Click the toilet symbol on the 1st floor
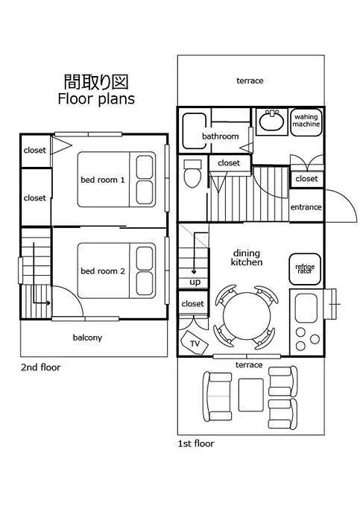point(192,173)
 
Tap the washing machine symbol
point(306,121)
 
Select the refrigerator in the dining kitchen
point(305,269)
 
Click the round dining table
point(247,316)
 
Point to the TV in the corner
point(194,343)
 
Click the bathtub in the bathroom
point(195,131)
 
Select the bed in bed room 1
point(116,180)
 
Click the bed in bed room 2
point(116,271)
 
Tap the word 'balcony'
point(87,338)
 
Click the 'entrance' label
point(306,207)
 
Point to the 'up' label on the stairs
point(195,282)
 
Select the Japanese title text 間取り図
point(96,82)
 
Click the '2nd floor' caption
point(40,367)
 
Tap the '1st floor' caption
point(196,443)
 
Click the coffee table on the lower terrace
point(250,395)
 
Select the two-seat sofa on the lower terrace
point(217,396)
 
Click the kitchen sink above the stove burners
point(306,308)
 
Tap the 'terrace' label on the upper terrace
point(250,80)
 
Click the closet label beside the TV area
point(193,303)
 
